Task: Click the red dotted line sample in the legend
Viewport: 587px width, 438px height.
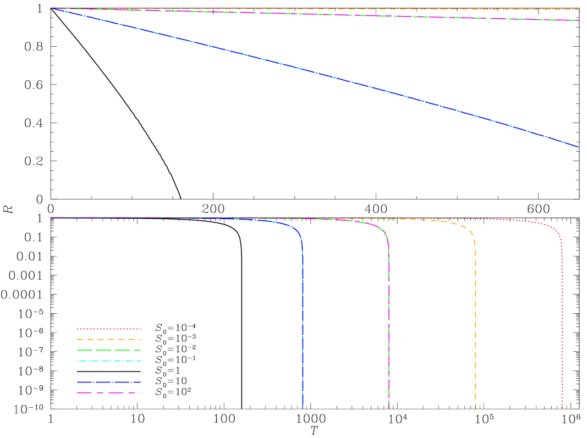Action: tap(108, 329)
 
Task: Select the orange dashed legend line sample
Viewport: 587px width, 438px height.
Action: tap(108, 340)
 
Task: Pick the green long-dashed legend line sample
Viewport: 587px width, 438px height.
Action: tap(108, 350)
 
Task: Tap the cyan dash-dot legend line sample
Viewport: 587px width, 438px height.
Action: tap(108, 361)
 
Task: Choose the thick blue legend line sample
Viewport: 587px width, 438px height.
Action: tap(108, 382)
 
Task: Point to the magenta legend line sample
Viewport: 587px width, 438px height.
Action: tap(108, 393)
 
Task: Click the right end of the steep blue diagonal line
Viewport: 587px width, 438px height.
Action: tap(578, 147)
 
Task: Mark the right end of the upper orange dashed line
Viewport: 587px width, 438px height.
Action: tap(578, 9)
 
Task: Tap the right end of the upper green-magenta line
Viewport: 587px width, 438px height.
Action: tap(578, 20)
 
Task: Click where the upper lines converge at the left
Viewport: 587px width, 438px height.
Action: tap(51, 8)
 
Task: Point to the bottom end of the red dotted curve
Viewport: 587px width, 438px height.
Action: tap(562, 408)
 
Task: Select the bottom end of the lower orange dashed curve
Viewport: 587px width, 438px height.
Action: tap(475, 408)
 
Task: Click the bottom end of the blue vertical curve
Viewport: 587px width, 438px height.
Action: tap(303, 408)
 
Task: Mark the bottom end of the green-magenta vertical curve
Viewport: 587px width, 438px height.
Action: tap(388, 408)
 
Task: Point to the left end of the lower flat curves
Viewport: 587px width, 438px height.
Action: tap(51, 218)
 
